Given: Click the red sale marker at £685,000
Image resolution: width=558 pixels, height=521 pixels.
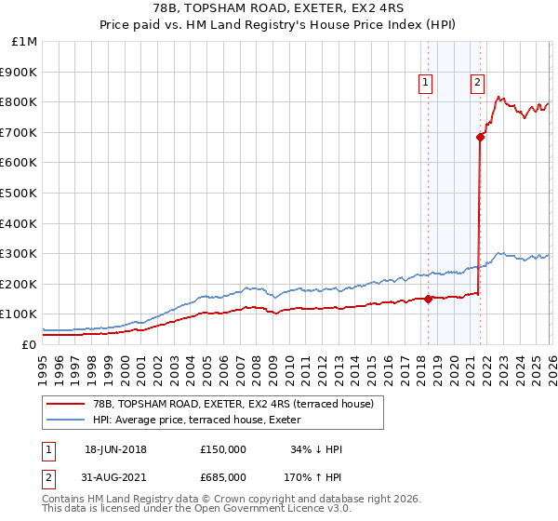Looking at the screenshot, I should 480,137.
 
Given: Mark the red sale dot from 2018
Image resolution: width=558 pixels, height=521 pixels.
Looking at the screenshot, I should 428,299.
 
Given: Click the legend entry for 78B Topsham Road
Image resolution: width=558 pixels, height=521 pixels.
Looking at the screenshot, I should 232,404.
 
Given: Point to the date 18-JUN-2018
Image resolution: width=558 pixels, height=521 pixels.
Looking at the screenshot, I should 115,449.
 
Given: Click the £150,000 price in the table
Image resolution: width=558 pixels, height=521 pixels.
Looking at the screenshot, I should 223,449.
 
